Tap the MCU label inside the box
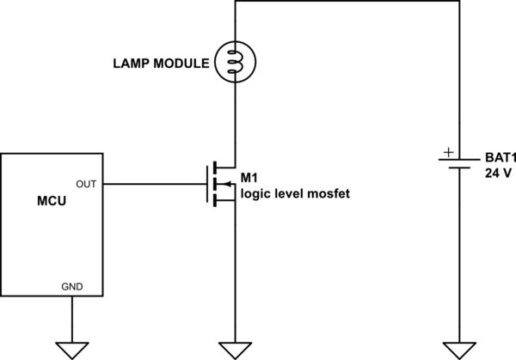52,203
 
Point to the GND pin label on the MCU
73,286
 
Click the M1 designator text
249,177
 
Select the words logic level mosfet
295,194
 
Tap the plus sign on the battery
446,152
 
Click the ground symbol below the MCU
72,349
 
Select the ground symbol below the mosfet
234,349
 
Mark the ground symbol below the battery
460,349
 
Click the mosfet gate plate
207,184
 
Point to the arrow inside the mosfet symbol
224,184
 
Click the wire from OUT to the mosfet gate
155,184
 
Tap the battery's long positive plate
460,161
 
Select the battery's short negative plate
460,168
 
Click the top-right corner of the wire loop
460,3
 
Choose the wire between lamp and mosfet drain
234,120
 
